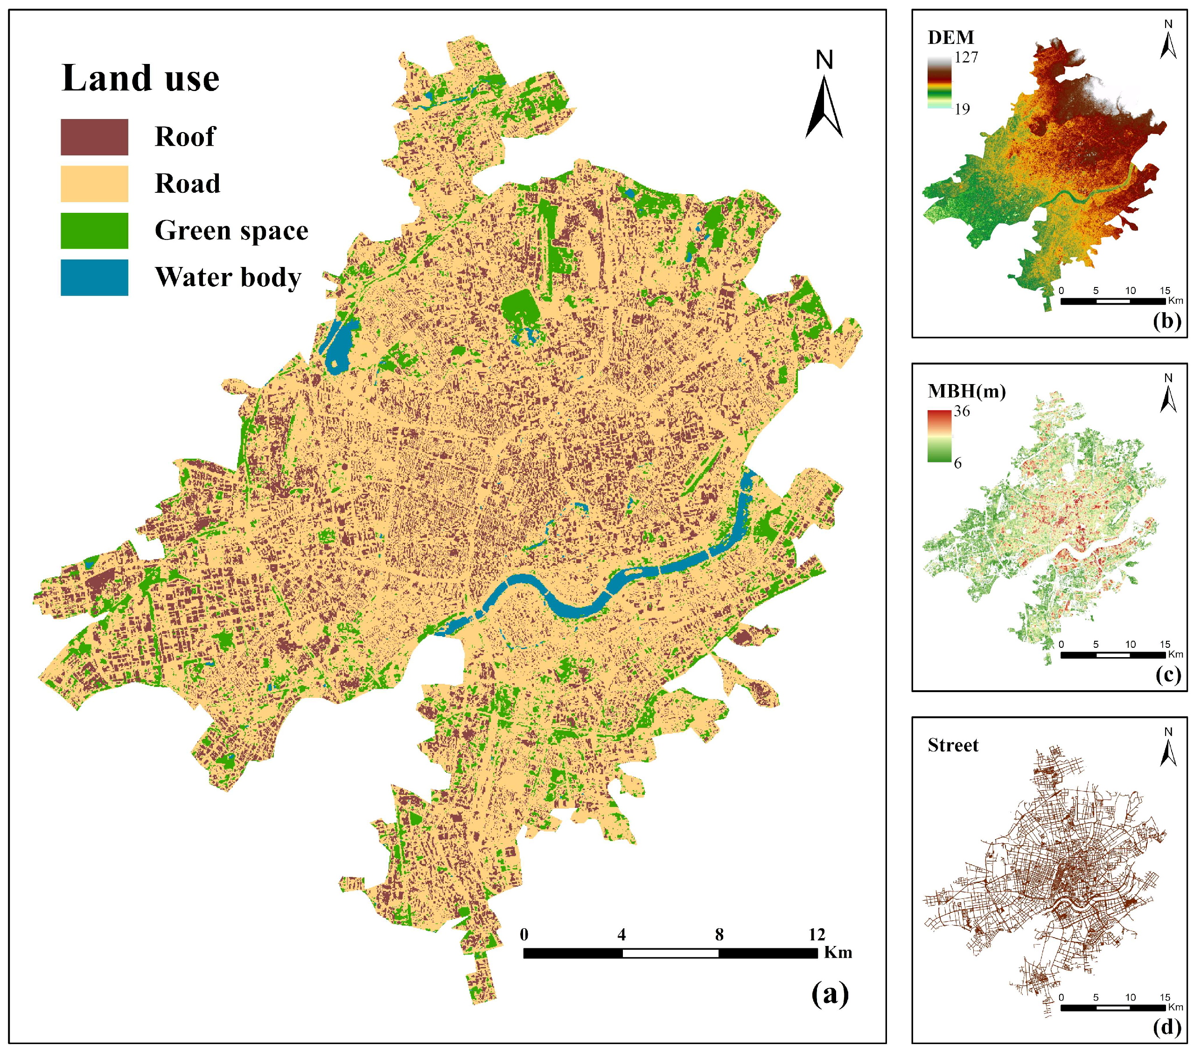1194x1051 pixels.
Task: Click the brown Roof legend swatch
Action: [94, 137]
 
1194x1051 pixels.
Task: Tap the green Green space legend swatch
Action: [94, 231]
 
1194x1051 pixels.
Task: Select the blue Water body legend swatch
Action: [94, 278]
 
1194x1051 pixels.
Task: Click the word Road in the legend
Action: [187, 184]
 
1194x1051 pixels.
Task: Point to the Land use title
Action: [140, 78]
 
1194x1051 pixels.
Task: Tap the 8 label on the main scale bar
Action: [719, 935]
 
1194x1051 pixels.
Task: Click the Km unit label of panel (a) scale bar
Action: [838, 953]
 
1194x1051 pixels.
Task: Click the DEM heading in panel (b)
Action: [951, 38]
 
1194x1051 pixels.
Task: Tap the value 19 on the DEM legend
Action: [962, 109]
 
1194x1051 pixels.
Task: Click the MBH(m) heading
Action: [967, 392]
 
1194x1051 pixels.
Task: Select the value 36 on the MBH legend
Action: [962, 411]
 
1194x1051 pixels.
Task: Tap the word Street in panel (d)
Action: [953, 745]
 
